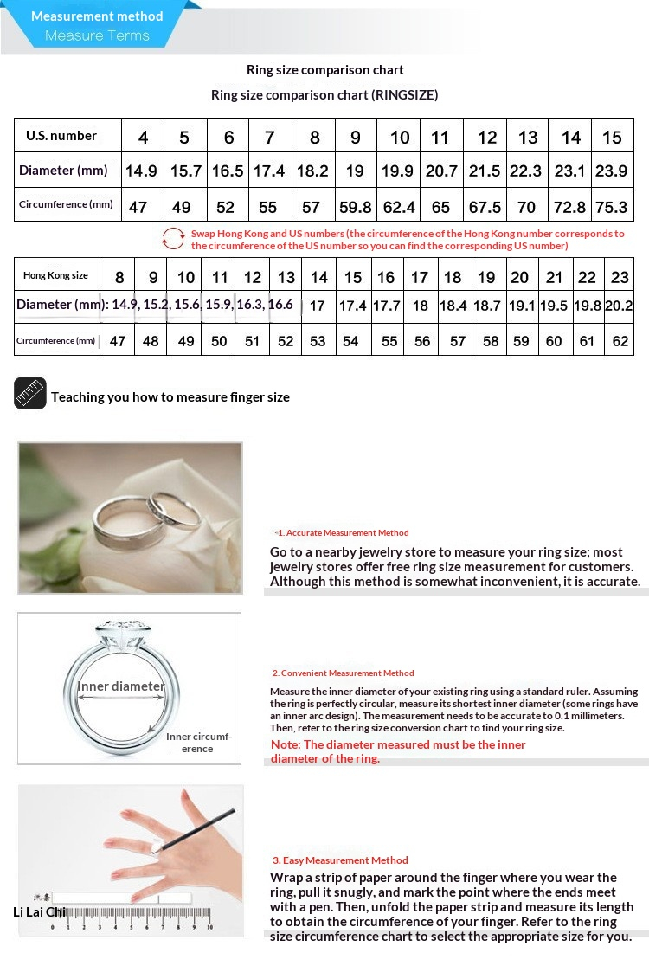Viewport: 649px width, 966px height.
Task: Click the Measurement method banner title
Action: [x=97, y=16]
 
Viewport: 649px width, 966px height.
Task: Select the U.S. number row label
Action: [x=61, y=136]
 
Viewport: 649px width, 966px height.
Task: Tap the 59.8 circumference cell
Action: [x=355, y=208]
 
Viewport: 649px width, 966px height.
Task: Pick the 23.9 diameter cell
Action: [x=611, y=171]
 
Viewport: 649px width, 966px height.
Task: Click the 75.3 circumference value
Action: [x=611, y=208]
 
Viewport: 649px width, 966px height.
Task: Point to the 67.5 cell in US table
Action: [x=485, y=208]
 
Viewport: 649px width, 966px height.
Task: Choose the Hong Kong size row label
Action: [x=55, y=275]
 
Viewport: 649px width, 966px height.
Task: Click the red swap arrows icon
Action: [x=174, y=238]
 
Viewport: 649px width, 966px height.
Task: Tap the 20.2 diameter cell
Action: [x=619, y=306]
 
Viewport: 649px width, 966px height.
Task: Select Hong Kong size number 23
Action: [x=620, y=278]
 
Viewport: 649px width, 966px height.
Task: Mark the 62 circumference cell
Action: [x=620, y=341]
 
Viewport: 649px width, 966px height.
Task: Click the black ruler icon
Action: [x=30, y=394]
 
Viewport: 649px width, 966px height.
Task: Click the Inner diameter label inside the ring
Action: [x=121, y=686]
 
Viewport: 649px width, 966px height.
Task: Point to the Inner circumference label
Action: [x=199, y=743]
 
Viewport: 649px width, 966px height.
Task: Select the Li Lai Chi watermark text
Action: [x=39, y=911]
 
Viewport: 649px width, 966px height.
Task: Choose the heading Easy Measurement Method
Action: [x=341, y=860]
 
